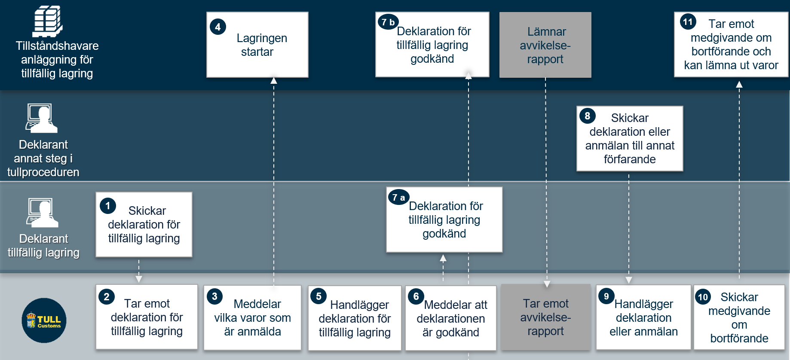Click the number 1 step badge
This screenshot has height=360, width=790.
tap(108, 206)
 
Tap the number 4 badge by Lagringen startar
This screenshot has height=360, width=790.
tap(218, 27)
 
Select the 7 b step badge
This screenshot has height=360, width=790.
tap(388, 22)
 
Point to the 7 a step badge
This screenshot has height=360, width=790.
tap(398, 197)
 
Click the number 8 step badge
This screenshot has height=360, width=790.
tap(588, 116)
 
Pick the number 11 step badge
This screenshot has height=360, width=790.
tap(688, 21)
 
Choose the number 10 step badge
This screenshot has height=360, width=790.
tap(703, 296)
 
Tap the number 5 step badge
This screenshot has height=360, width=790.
tap(318, 296)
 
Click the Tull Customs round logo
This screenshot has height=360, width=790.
tap(44, 320)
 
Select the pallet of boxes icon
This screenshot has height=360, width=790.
tap(48, 21)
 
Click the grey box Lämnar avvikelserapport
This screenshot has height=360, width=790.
tap(545, 45)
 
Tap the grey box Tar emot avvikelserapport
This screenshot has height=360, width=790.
tap(546, 317)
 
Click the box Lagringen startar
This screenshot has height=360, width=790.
tap(257, 45)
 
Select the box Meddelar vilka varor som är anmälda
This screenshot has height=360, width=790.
tap(253, 317)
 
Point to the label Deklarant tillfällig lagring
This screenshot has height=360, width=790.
tap(43, 245)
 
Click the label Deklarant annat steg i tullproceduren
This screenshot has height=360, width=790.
tap(43, 158)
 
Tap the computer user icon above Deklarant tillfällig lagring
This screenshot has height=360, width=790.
tap(42, 213)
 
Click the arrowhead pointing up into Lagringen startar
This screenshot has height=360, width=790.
tap(274, 80)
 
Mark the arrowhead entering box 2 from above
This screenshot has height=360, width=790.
tap(139, 279)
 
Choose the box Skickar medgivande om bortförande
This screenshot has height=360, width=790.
tap(739, 317)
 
